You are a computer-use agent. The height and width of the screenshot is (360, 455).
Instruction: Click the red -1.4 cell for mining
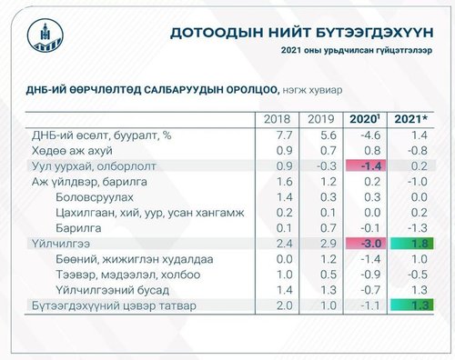coord(369,165)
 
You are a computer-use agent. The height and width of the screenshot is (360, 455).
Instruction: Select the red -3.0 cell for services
coord(369,244)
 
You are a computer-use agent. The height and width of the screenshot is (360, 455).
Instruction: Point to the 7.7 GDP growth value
coord(277,135)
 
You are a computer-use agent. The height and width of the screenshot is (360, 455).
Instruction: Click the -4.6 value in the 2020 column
coord(369,135)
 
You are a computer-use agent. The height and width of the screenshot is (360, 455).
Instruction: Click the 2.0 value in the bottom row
coord(277,306)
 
